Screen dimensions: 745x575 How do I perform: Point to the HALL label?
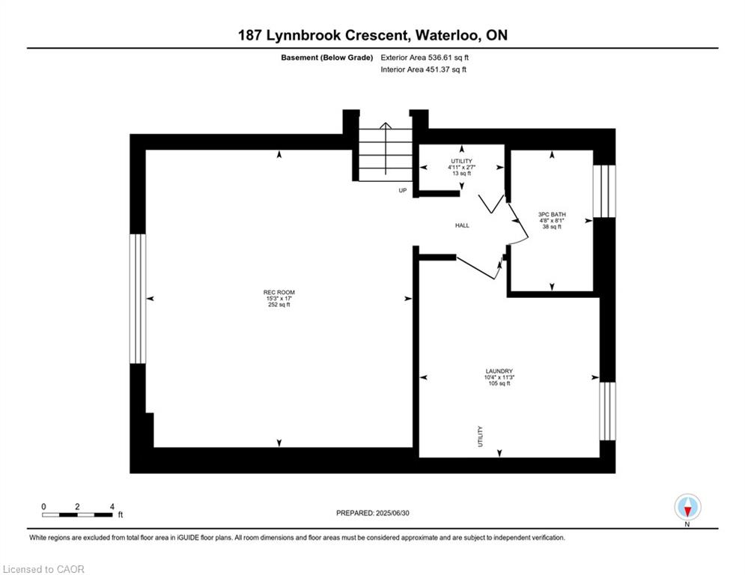462,225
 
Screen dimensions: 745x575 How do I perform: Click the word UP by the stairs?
402,191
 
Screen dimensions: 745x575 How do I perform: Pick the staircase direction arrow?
386,149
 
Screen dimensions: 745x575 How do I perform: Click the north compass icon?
687,507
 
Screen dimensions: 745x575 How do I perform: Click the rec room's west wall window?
138,299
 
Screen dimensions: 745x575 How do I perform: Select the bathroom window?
604,191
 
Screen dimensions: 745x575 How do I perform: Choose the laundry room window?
607,411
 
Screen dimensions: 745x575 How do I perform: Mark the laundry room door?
477,268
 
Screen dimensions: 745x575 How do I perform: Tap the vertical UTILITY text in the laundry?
480,436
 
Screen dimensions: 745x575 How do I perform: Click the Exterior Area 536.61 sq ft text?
425,58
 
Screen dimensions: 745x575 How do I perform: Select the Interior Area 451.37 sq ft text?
423,70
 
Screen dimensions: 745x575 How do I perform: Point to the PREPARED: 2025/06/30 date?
373,513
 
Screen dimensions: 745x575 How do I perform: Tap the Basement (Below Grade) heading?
327,58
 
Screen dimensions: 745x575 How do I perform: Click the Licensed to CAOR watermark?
43,569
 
